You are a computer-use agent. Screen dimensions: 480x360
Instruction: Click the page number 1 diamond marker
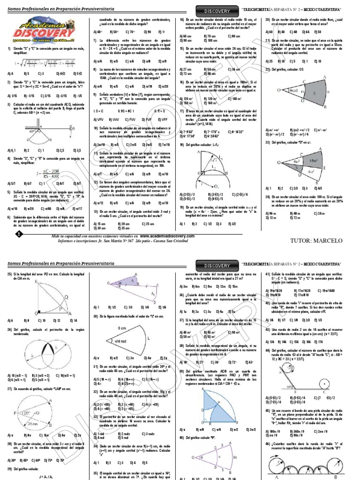(x=19, y=233)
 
